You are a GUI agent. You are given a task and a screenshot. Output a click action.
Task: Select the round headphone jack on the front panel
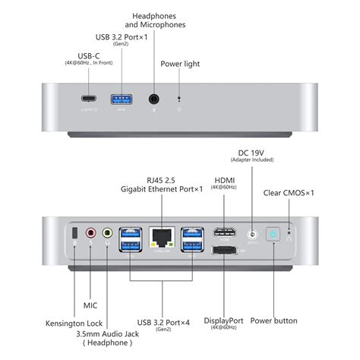pyautogui.click(x=155, y=99)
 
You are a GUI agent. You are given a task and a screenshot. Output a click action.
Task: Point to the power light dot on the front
pyautogui.click(x=179, y=98)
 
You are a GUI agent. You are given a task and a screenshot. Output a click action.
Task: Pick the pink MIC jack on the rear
pyautogui.click(x=92, y=235)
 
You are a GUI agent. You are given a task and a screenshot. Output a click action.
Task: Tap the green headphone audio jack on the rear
pyautogui.click(x=107, y=235)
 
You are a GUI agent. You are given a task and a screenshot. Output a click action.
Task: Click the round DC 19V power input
pyautogui.click(x=251, y=235)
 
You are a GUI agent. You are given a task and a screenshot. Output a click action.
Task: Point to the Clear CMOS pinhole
pyautogui.click(x=289, y=234)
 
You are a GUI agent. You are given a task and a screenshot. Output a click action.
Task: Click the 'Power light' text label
pyautogui.click(x=180, y=64)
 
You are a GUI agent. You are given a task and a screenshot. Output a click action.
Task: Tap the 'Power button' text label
pyautogui.click(x=273, y=321)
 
